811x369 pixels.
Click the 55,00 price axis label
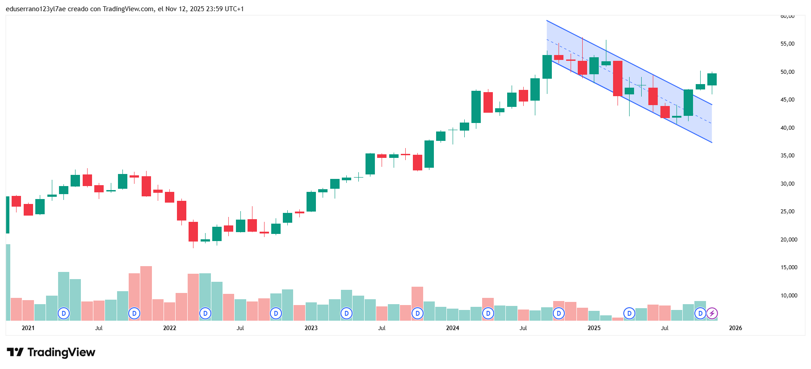coord(787,44)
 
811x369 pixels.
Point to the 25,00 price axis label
coord(787,212)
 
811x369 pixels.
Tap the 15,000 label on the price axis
coord(789,267)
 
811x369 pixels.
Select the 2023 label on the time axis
coord(311,328)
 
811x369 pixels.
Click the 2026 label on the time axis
coord(735,328)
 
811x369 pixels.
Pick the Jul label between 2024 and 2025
coord(523,328)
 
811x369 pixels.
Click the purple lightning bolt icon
coord(712,314)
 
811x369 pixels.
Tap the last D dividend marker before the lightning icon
coord(700,314)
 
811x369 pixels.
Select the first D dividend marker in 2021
coord(64,314)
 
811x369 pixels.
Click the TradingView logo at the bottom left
coord(51,352)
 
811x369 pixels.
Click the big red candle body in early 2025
coord(618,78)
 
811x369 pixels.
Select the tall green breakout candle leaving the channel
coord(688,102)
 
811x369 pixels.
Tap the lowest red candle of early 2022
coord(193,231)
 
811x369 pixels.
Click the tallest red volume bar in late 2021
coord(146,293)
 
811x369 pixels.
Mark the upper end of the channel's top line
coord(547,21)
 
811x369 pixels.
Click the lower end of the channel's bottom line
coord(712,143)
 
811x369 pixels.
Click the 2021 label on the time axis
coord(28,328)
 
